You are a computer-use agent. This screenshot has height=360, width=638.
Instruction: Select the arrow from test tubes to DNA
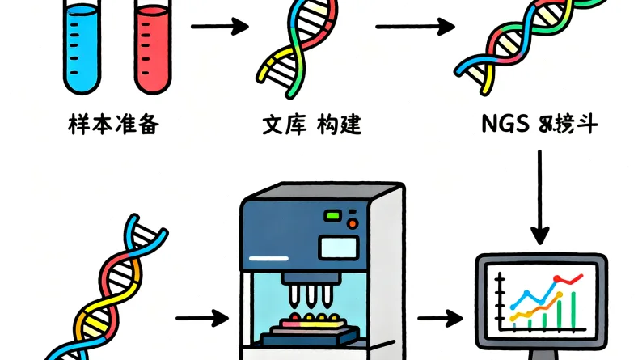218,27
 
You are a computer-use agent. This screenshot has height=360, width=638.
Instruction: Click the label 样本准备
113,126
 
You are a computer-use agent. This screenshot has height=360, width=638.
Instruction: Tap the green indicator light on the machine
332,216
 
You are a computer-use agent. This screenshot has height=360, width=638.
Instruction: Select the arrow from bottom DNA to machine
201,317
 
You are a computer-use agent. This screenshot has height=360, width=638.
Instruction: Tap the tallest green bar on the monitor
575,311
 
